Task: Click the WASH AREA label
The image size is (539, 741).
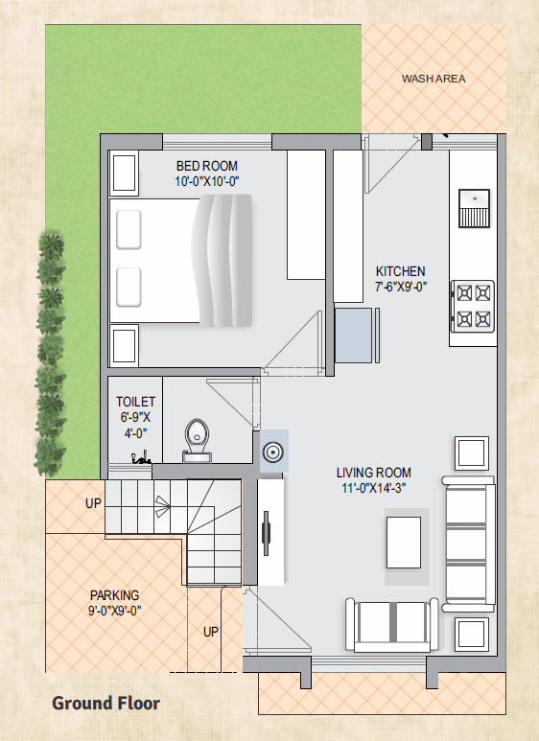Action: pos(434,79)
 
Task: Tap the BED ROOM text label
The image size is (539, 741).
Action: pos(206,166)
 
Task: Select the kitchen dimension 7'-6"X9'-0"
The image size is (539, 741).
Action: pos(401,287)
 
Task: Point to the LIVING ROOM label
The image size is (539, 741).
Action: pos(373,473)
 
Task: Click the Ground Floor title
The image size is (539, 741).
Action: pos(105,704)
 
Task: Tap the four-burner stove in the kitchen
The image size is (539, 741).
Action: pos(473,306)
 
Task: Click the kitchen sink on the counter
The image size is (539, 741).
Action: pos(474,208)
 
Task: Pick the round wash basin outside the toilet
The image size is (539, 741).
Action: pos(272,452)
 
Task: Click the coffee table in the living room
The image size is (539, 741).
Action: pos(404,542)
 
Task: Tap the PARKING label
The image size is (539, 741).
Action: pos(115,595)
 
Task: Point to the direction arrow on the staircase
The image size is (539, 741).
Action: pos(163,506)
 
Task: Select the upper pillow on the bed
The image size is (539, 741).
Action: pos(129,230)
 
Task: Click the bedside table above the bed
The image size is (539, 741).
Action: pos(125,173)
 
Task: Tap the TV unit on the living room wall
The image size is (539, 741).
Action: pos(270,533)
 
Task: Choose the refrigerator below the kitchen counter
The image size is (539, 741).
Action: pos(354,336)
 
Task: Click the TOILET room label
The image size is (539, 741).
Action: pos(135,402)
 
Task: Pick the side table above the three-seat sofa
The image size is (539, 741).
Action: pos(472,453)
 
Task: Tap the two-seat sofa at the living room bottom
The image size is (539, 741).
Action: pos(392,625)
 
